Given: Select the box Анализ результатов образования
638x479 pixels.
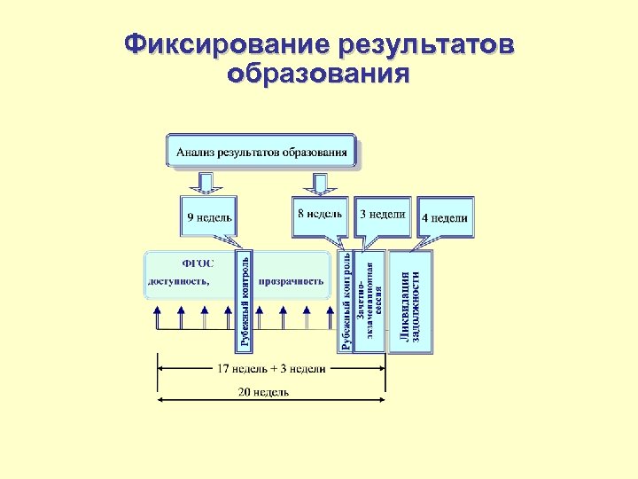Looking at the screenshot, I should click(x=261, y=151).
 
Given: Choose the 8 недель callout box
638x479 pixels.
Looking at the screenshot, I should click(x=319, y=215).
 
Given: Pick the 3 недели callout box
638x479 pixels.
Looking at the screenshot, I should click(x=383, y=215).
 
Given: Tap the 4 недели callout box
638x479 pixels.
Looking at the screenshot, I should click(x=445, y=216).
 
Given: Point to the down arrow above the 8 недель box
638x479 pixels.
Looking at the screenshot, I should click(x=316, y=182).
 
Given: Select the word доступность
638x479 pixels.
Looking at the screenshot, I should click(x=178, y=282).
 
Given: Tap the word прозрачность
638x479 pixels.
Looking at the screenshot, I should click(x=291, y=282).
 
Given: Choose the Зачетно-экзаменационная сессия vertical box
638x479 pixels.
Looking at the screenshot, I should click(x=370, y=302).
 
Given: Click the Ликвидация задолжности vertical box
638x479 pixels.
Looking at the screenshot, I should click(x=411, y=302).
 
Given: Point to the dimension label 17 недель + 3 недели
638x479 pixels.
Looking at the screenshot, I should click(x=272, y=368).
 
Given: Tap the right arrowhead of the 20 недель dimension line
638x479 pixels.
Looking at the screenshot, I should click(x=382, y=400).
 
